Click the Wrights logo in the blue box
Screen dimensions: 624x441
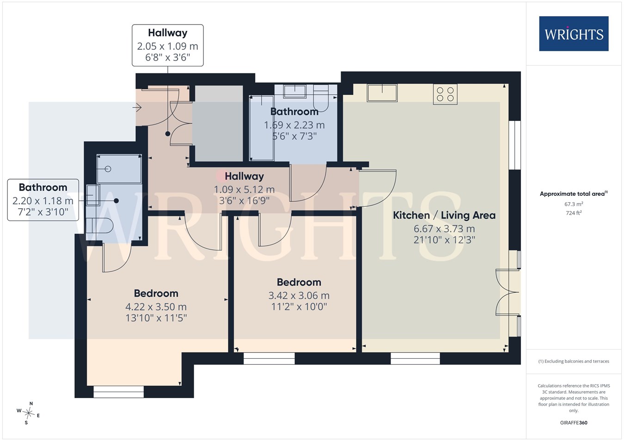(574, 34)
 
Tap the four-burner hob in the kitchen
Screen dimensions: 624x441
(445, 94)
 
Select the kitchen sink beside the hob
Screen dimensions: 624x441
(382, 93)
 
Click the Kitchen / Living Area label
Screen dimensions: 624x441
(444, 215)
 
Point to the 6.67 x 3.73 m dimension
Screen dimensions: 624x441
(444, 229)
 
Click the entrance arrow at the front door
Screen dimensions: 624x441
(137, 107)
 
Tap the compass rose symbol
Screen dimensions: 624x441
(28, 413)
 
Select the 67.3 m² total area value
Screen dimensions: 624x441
(574, 204)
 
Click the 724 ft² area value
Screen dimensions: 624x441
(574, 213)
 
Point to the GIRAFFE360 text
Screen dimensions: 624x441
(574, 423)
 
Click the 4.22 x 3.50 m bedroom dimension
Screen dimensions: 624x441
(156, 307)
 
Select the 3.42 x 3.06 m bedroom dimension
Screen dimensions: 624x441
(299, 296)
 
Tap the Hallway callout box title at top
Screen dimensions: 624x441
(168, 33)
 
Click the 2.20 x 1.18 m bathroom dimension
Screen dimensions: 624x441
(43, 201)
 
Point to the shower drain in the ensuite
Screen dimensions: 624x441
(108, 169)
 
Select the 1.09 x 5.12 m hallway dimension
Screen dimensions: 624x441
(244, 189)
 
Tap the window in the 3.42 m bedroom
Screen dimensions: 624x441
(269, 358)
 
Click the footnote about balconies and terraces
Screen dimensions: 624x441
(574, 361)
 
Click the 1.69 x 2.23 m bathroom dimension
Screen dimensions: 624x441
(294, 125)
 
